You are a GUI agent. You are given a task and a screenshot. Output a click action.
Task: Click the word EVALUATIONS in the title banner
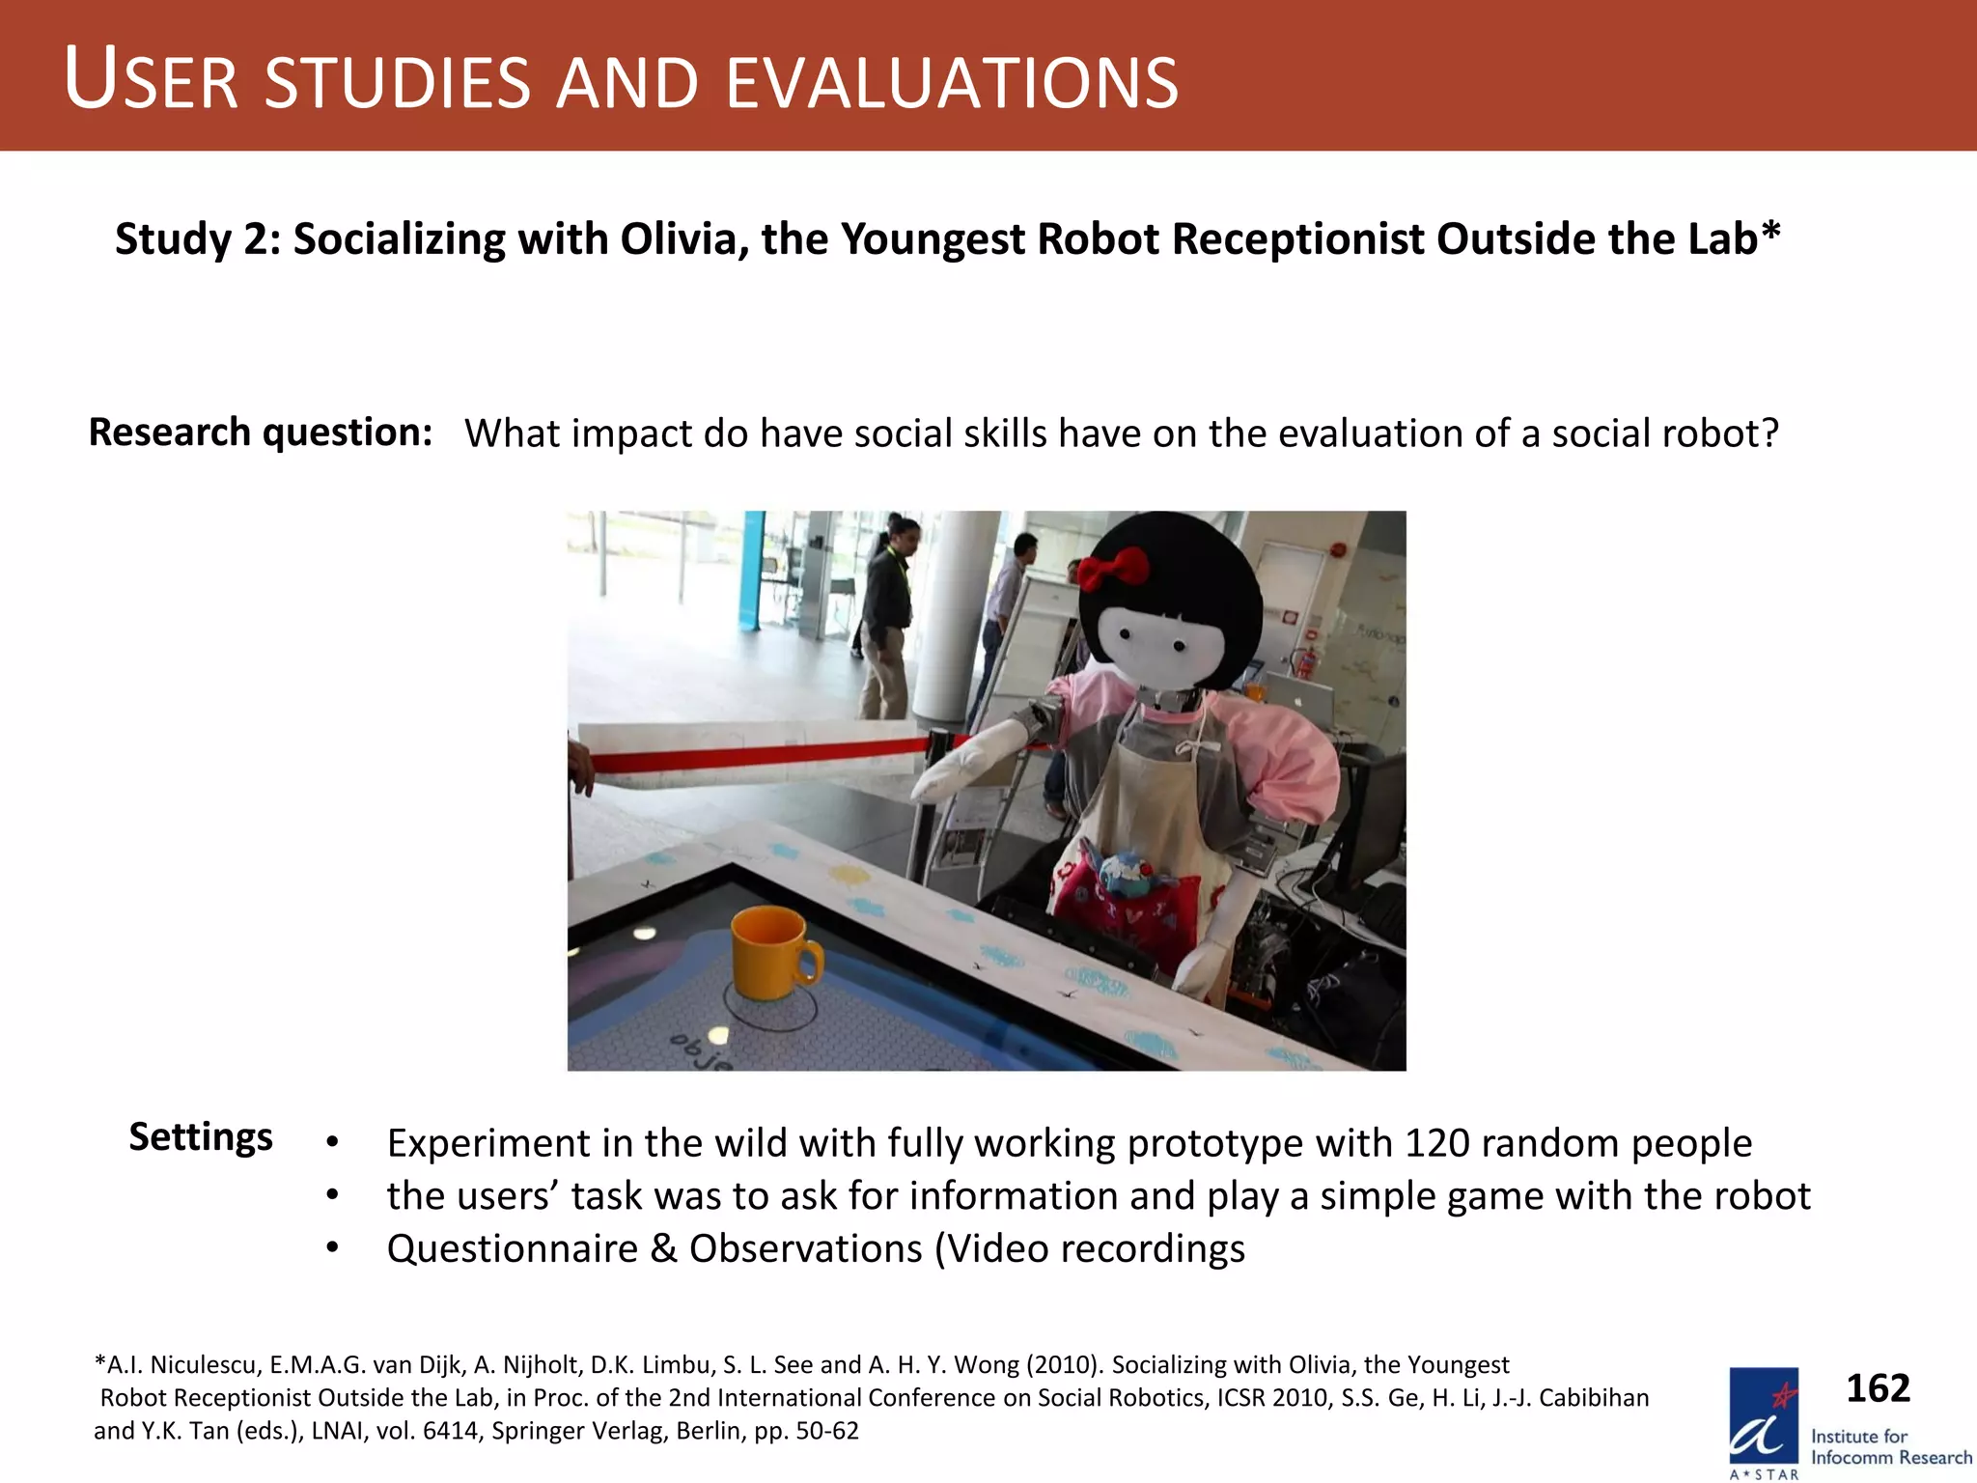tap(951, 83)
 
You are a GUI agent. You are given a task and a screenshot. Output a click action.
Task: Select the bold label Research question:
tap(260, 432)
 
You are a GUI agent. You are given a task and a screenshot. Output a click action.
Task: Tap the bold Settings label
tap(201, 1136)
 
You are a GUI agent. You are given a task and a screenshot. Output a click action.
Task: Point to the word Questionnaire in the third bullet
tap(512, 1249)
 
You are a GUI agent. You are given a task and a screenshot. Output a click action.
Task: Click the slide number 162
tap(1878, 1388)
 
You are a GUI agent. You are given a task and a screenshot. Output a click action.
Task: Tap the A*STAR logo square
tap(1764, 1416)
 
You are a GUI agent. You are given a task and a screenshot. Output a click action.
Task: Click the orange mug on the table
tap(773, 952)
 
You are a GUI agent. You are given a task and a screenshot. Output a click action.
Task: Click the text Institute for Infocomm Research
tap(1889, 1447)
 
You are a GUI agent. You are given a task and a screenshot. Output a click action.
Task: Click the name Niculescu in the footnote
tap(205, 1365)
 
